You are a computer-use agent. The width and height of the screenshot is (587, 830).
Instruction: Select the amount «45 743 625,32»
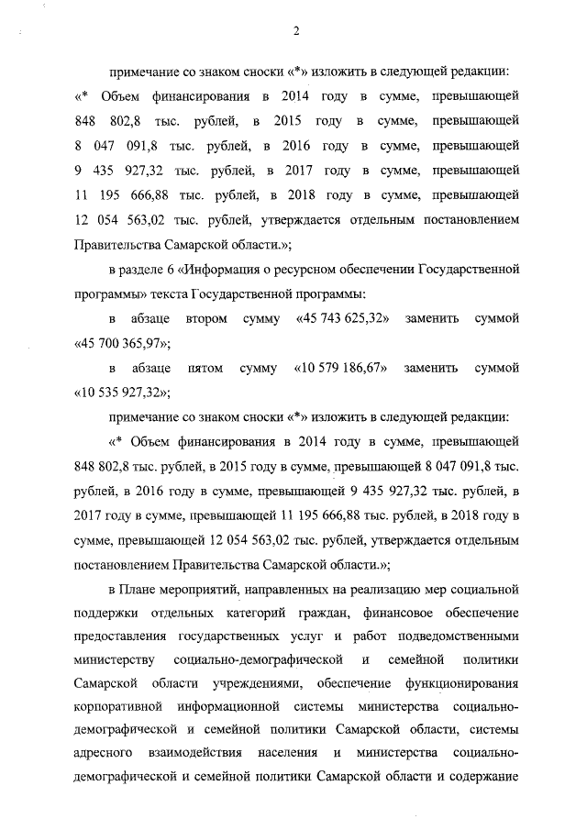tap(346, 318)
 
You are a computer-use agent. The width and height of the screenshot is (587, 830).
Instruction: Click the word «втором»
tap(205, 318)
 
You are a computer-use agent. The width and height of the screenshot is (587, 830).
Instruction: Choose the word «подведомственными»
tap(460, 635)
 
